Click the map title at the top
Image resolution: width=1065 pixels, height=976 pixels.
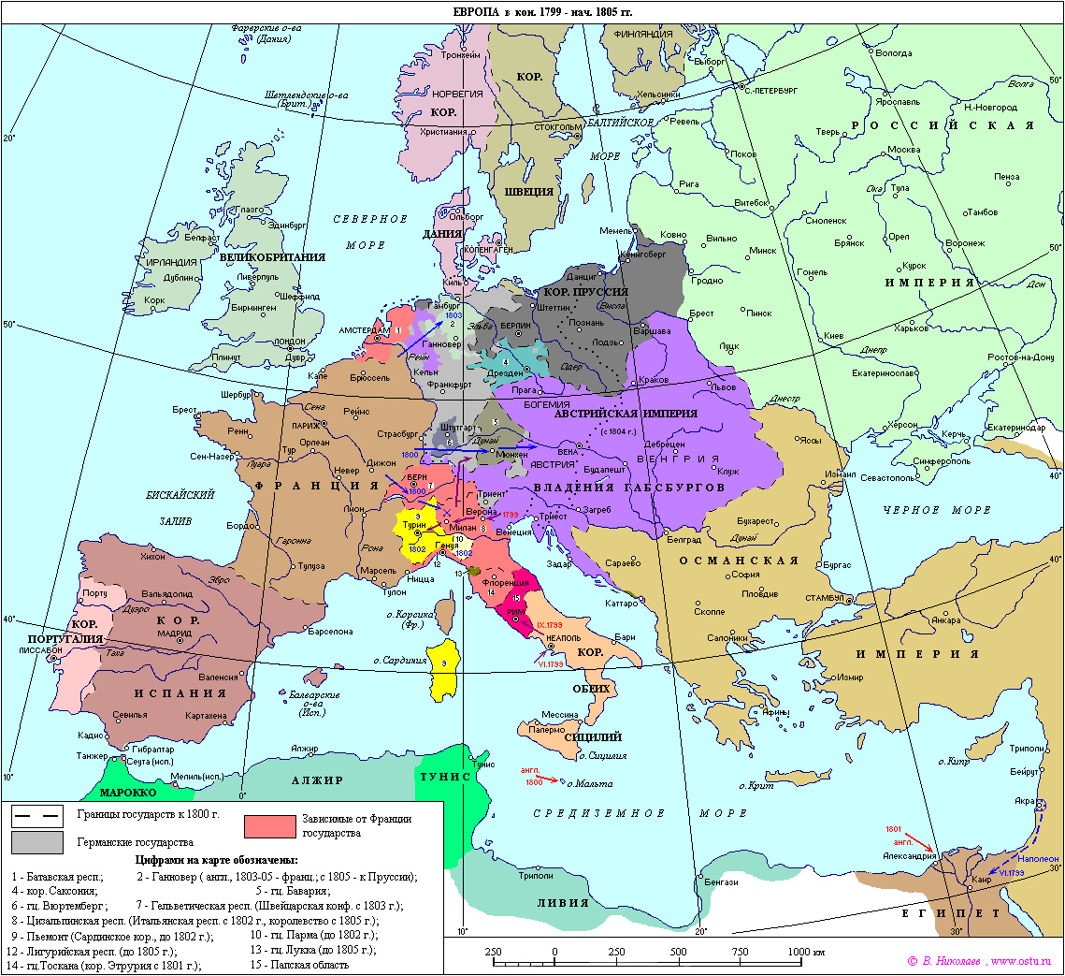click(x=531, y=12)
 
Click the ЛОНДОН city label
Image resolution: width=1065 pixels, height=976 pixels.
click(x=291, y=342)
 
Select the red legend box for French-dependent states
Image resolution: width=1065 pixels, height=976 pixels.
click(x=269, y=825)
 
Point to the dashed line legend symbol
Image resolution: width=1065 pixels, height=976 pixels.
click(x=36, y=814)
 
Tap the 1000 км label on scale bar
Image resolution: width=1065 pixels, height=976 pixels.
click(x=805, y=951)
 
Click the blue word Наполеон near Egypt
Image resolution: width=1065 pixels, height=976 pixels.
click(x=1038, y=858)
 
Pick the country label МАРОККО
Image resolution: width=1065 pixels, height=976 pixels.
click(x=128, y=792)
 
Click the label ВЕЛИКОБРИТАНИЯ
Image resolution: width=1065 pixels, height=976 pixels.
click(x=272, y=256)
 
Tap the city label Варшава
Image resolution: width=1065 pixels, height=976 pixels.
click(x=640, y=331)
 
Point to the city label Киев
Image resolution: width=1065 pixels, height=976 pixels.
click(x=835, y=336)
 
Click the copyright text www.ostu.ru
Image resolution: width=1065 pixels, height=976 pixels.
click(x=1021, y=961)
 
